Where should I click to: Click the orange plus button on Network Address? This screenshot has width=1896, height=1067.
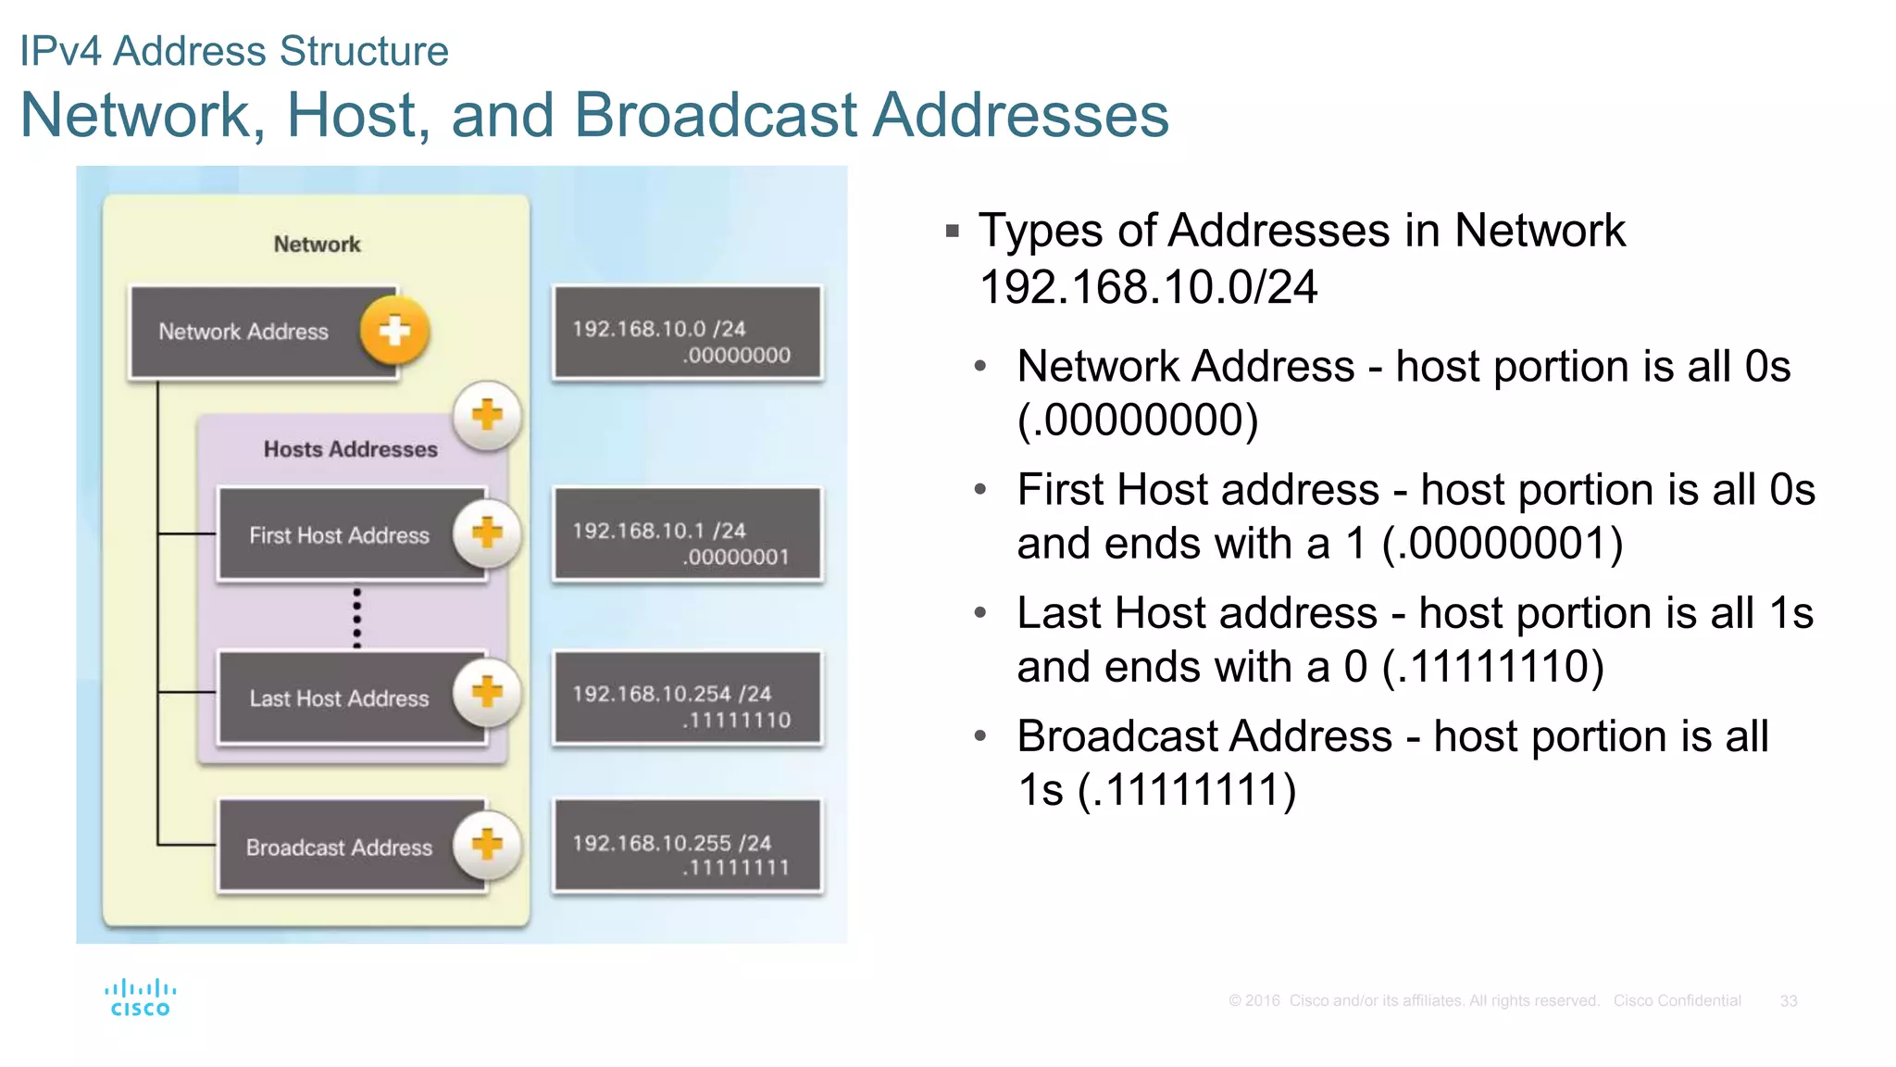[394, 331]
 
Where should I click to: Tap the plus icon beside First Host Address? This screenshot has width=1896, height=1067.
[487, 533]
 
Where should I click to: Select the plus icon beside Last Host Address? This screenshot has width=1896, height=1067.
[487, 693]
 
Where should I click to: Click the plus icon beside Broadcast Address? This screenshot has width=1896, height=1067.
[487, 845]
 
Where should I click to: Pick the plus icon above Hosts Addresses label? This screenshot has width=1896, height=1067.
[487, 416]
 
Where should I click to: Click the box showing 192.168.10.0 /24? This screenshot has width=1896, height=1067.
[687, 333]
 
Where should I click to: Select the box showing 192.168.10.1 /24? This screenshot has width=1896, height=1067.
[687, 535]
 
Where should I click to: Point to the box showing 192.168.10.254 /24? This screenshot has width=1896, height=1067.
[687, 698]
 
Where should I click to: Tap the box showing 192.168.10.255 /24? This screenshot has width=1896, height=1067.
[687, 847]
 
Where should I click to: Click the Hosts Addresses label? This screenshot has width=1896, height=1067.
[350, 449]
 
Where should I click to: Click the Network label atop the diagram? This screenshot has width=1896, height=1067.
[317, 245]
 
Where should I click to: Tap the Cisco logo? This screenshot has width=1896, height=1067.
[140, 998]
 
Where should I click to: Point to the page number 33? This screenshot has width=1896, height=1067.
[1788, 1001]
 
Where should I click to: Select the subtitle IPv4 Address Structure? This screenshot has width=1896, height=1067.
[234, 51]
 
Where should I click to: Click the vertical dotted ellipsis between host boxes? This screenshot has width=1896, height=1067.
[357, 617]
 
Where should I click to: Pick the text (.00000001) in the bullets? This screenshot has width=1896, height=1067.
[1503, 544]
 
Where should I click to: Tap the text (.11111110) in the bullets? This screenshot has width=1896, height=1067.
[1492, 667]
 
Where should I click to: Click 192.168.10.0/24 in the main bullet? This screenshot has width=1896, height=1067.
[1148, 287]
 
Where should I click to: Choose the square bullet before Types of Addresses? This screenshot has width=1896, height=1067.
[953, 231]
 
